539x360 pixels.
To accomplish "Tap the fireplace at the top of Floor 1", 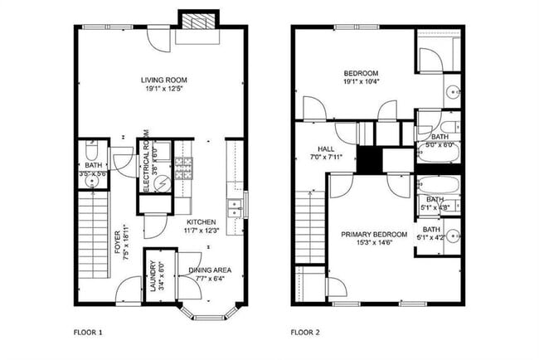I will click(197, 22).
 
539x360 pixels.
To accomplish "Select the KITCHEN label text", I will click(202, 221).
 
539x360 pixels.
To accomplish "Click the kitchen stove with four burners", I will click(182, 169).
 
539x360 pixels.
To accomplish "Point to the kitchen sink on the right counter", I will click(235, 208).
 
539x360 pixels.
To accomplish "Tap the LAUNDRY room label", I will click(153, 270).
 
